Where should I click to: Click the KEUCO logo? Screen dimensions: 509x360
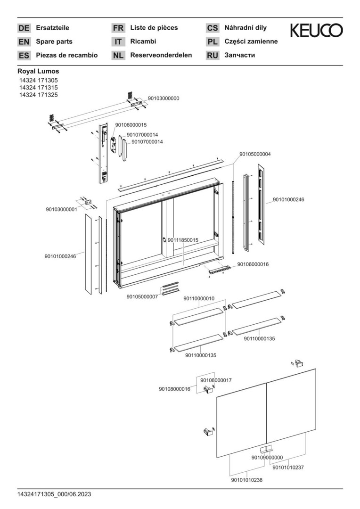tap(316, 31)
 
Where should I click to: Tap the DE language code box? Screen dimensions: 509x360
tap(24, 28)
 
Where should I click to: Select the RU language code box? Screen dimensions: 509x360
tap(213, 56)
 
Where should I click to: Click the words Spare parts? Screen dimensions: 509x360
tap(54, 41)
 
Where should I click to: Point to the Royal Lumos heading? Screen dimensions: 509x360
tap(38, 72)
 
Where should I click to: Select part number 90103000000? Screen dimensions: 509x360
tap(164, 99)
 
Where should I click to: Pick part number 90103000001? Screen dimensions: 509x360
tap(61, 209)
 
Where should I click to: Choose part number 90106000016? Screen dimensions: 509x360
tap(253, 264)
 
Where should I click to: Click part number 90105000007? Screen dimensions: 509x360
tap(142, 297)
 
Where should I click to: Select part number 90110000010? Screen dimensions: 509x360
tap(199, 299)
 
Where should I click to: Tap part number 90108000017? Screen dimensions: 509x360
tap(216, 380)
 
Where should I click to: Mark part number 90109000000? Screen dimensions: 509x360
tap(267, 457)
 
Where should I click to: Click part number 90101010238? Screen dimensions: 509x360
tap(247, 480)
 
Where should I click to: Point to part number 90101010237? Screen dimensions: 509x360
tap(288, 468)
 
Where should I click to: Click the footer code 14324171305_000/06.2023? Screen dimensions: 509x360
tap(54, 494)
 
